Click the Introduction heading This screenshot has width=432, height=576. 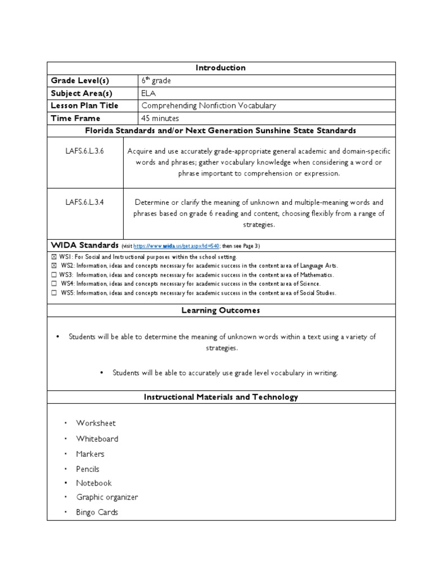pyautogui.click(x=220, y=67)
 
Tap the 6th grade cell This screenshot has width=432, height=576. pyautogui.click(x=156, y=80)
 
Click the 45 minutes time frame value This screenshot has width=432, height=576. pyautogui.click(x=160, y=118)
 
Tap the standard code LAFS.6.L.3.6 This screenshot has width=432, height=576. pyautogui.click(x=84, y=151)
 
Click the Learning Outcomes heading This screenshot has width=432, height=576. pyautogui.click(x=220, y=310)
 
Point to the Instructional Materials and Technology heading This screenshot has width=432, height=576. pyautogui.click(x=220, y=397)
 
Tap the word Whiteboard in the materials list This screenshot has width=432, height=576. pyautogui.click(x=97, y=439)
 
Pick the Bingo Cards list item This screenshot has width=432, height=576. pyautogui.click(x=97, y=512)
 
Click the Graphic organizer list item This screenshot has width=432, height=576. pyautogui.click(x=107, y=497)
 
